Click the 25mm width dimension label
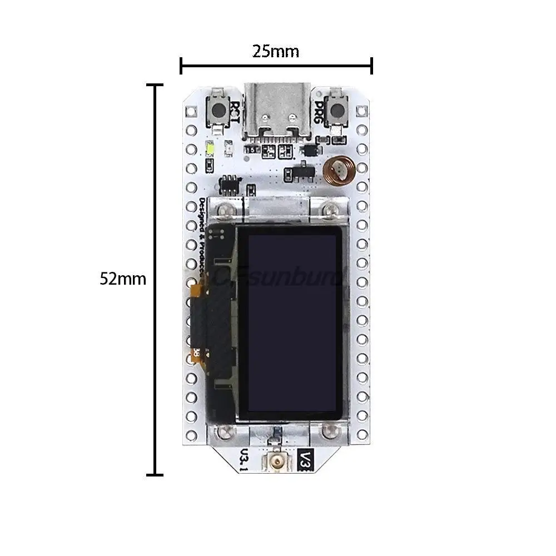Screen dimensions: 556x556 [x=276, y=51]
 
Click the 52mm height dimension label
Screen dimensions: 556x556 [x=123, y=279]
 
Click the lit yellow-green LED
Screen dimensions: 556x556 [x=211, y=148]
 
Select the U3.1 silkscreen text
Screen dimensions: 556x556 [x=243, y=460]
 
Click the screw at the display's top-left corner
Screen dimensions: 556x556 [x=225, y=210]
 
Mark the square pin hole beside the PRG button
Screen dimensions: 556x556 [x=363, y=111]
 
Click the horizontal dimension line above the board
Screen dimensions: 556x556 [x=276, y=67]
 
